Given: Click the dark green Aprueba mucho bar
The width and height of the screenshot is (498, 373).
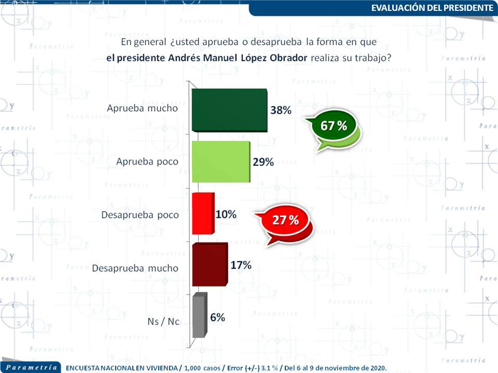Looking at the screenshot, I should click(229, 111).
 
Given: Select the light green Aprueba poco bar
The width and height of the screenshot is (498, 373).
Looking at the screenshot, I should click(220, 162).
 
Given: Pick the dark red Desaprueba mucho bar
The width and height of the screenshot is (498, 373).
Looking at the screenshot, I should click(209, 265).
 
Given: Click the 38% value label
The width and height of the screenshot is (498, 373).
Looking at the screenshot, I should click(281, 111).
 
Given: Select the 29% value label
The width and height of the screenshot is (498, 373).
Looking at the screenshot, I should click(263, 162).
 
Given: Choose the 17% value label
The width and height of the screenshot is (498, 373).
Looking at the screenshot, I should click(241, 265).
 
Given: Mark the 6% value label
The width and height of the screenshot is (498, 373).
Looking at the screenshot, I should click(217, 317).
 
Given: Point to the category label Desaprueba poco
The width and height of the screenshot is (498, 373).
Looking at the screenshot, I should click(140, 215).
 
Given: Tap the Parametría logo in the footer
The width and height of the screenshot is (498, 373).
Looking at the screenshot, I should click(29, 367).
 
